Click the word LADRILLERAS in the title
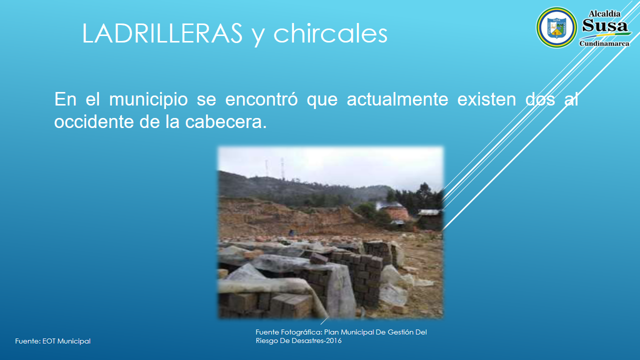pyautogui.click(x=162, y=33)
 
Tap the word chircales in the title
pyautogui.click(x=330, y=33)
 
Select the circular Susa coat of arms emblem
pyautogui.click(x=556, y=27)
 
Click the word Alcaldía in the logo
pyautogui.click(x=604, y=13)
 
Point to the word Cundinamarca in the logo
pyautogui.click(x=604, y=43)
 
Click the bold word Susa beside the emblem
pyautogui.click(x=605, y=25)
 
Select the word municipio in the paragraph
pyautogui.click(x=148, y=100)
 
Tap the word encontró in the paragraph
pyautogui.click(x=261, y=99)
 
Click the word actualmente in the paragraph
pyautogui.click(x=397, y=99)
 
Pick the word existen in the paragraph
pyautogui.click(x=486, y=99)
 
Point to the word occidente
pyautogui.click(x=93, y=121)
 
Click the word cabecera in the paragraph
pyautogui.click(x=225, y=121)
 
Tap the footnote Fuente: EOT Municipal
pyautogui.click(x=53, y=341)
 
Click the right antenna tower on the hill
pyautogui.click(x=282, y=168)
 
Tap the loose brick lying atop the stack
pyautogui.click(x=319, y=258)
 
